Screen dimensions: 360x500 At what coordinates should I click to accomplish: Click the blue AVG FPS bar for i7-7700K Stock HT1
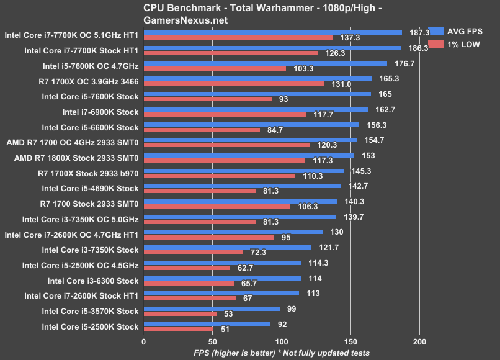(272, 48)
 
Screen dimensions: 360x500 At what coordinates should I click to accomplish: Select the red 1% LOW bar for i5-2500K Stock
(179, 329)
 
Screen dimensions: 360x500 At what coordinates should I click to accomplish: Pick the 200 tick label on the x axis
(420, 341)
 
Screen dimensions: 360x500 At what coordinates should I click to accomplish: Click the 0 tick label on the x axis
(144, 341)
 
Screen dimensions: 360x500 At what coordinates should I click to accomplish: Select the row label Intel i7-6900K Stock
(100, 112)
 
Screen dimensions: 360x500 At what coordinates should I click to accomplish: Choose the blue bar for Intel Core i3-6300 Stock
(222, 277)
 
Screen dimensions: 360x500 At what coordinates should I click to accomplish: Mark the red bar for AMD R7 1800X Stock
(225, 160)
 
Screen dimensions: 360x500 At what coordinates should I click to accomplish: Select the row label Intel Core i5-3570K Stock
(91, 311)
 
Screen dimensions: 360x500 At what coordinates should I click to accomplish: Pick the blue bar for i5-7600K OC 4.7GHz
(266, 63)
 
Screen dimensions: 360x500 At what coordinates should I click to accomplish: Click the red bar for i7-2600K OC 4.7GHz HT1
(209, 237)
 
